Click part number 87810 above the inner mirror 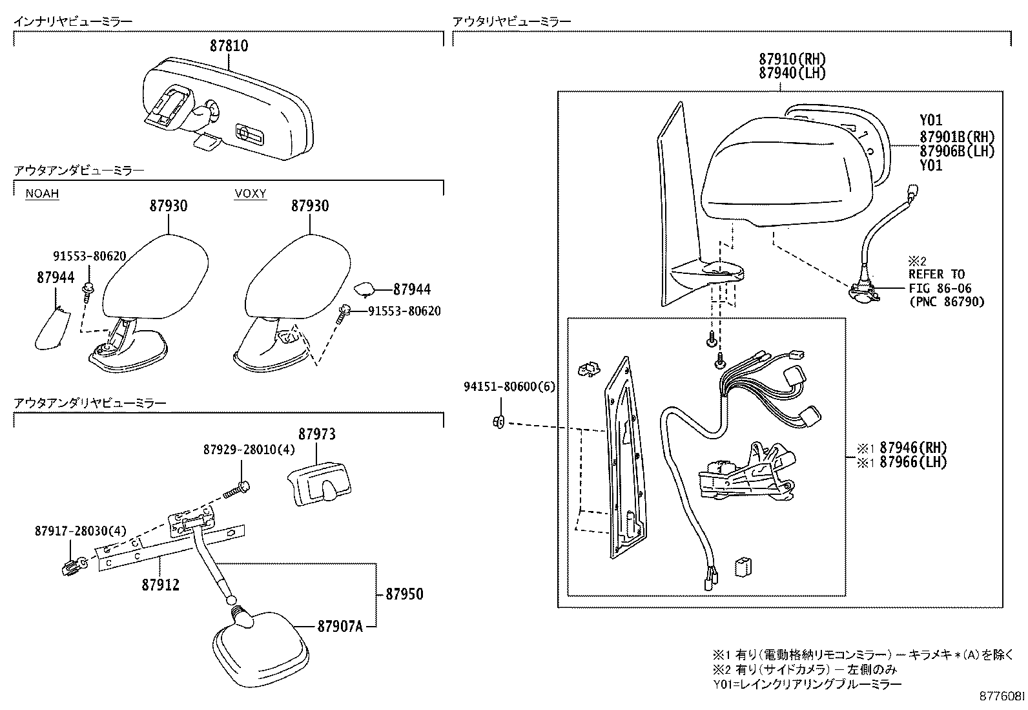(229, 46)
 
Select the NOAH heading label (42, 193)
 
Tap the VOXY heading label (251, 193)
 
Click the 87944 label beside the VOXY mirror (412, 290)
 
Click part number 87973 (316, 433)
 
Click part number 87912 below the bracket (160, 585)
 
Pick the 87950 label (405, 594)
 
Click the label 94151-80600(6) (509, 386)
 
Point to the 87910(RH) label (792, 59)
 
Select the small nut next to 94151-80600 (498, 423)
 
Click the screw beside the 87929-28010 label (238, 489)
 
